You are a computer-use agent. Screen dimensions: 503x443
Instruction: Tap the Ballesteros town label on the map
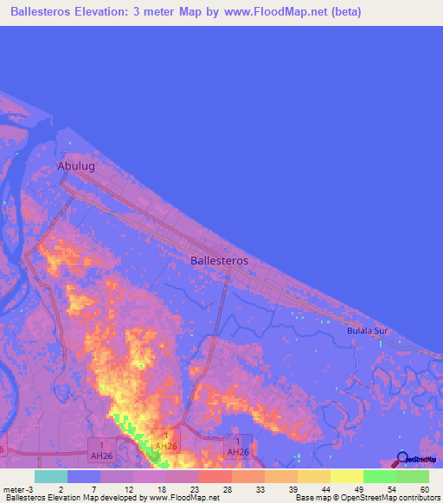pos(219,259)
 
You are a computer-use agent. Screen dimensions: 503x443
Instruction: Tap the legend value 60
pos(424,488)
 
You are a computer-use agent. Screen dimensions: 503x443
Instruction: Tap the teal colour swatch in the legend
pos(51,476)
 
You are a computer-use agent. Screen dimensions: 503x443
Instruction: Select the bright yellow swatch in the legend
pos(346,476)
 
